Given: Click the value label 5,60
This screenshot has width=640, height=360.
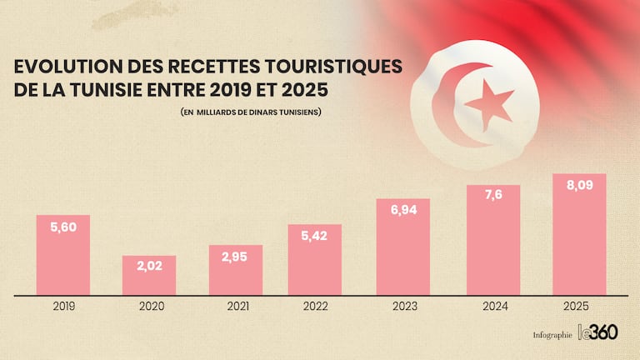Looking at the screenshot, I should pyautogui.click(x=62, y=227).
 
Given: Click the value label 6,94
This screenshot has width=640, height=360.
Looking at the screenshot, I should pyautogui.click(x=402, y=210).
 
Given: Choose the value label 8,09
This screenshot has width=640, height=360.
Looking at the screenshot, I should pyautogui.click(x=579, y=185).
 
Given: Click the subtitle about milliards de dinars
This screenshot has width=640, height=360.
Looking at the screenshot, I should pyautogui.click(x=250, y=112).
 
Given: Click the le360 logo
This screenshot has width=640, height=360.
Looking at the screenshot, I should pyautogui.click(x=597, y=332).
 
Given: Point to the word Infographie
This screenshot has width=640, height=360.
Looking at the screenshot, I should pyautogui.click(x=552, y=335).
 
